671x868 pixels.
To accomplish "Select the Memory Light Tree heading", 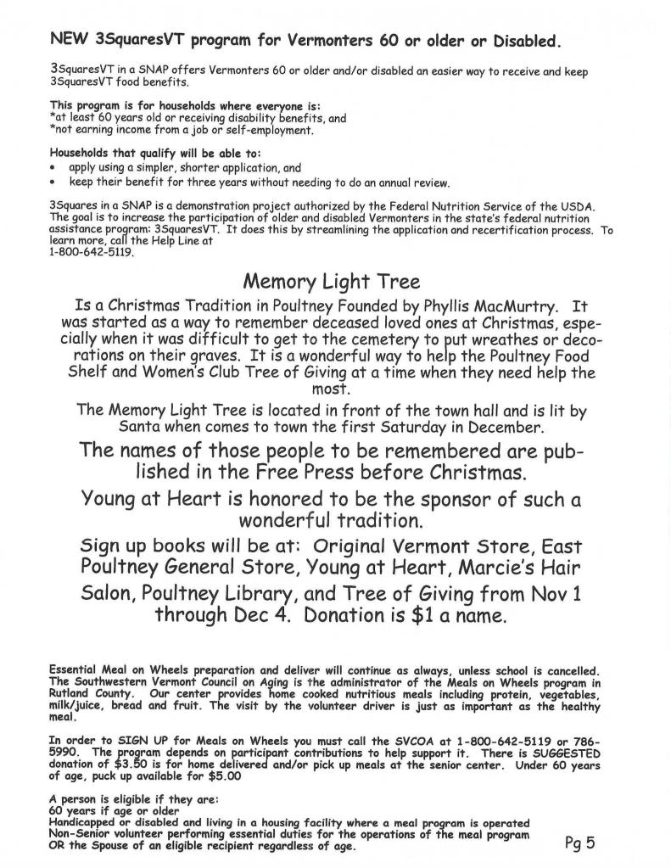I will [x=331, y=281].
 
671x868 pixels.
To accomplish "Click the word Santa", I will [x=136, y=427].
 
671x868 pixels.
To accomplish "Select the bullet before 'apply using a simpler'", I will [x=53, y=169].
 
